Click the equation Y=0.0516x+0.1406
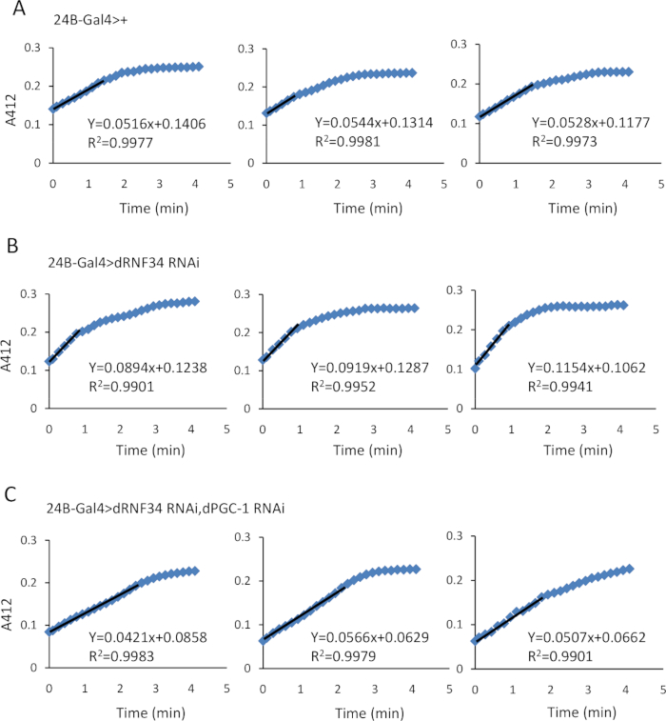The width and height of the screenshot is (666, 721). tap(138, 121)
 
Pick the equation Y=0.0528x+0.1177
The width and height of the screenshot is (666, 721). tap(581, 122)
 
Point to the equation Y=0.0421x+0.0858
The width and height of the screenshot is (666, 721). tap(139, 611)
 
